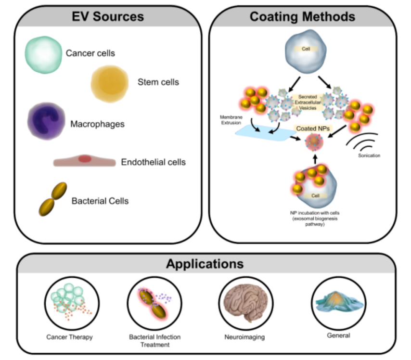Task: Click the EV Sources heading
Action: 108,16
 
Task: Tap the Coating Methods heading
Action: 302,16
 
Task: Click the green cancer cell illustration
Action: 44,53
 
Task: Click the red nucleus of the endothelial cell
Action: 85,159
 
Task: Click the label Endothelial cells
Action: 153,162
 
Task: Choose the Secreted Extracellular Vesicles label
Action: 308,103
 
